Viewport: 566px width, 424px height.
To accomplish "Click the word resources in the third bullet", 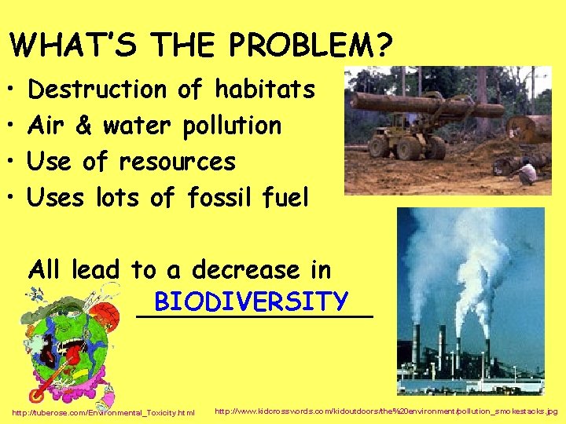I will pos(177,162).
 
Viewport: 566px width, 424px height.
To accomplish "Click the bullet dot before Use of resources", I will pos(13,163).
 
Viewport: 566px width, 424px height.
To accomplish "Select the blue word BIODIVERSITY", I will pos(252,301).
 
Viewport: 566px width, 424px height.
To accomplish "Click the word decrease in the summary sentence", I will pos(247,270).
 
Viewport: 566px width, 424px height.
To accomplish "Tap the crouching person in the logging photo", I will pos(527,171).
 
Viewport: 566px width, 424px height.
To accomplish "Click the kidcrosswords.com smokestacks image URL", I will pos(385,411).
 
